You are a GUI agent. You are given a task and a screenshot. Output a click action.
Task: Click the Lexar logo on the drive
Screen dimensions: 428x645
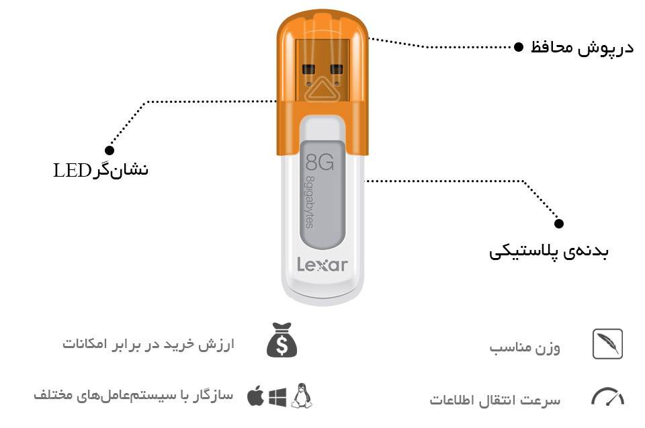click(322, 265)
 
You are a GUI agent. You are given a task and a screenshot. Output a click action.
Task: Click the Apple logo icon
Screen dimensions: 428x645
click(255, 396)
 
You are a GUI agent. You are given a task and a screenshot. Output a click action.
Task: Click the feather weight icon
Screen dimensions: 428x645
click(607, 343)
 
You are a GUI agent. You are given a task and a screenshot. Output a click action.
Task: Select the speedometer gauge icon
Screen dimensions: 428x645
click(607, 397)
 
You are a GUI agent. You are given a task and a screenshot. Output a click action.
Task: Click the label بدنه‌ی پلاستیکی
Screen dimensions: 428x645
click(548, 252)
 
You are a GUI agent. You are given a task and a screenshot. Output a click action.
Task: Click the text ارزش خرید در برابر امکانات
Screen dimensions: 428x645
click(147, 344)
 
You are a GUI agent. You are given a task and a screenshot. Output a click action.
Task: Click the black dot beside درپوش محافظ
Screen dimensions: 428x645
click(519, 47)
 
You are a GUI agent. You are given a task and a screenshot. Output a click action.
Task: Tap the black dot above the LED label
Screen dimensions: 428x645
click(110, 151)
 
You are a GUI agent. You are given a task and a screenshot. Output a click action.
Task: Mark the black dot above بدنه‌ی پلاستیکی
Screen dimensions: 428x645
click(559, 224)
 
